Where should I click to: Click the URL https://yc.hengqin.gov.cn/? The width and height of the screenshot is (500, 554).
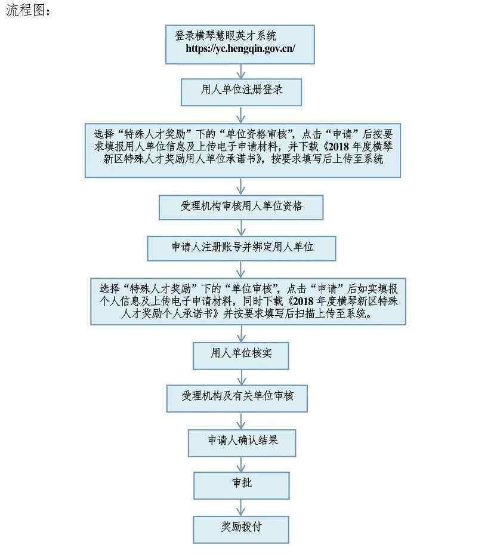(x=240, y=48)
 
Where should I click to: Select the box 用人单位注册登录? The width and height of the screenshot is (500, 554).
(x=241, y=92)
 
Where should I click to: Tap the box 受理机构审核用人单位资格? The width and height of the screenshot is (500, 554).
(x=241, y=207)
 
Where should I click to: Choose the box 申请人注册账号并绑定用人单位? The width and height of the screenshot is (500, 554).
(x=242, y=248)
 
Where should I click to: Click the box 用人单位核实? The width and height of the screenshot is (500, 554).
(x=241, y=356)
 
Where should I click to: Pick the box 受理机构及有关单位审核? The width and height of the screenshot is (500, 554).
(x=237, y=399)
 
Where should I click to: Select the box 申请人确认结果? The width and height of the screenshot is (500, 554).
(x=242, y=443)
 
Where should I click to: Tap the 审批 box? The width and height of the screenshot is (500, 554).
(x=242, y=486)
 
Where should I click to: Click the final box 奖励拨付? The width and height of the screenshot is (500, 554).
(x=241, y=530)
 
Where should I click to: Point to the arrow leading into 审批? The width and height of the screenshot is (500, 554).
(x=241, y=464)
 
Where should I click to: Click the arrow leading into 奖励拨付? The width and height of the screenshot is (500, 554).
(x=241, y=508)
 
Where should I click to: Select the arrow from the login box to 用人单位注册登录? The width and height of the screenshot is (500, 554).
(x=241, y=72)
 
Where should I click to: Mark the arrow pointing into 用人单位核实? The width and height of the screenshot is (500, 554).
(x=241, y=334)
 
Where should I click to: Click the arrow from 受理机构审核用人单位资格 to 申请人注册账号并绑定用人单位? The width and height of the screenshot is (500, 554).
(x=241, y=228)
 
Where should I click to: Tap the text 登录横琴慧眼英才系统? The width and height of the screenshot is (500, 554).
(x=226, y=36)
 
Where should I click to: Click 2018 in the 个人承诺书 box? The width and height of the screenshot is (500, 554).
(x=303, y=301)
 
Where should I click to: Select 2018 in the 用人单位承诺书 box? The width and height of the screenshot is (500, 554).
(x=339, y=146)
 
